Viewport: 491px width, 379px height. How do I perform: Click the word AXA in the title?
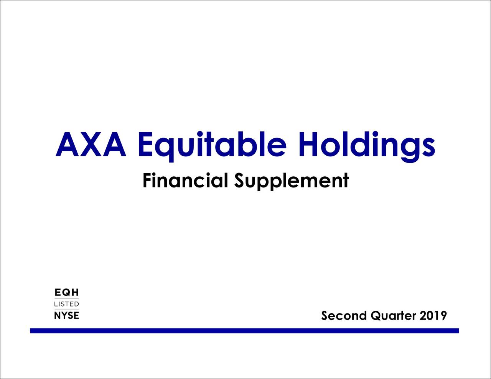pyautogui.click(x=91, y=145)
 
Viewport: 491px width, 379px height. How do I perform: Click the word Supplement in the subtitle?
pyautogui.click(x=292, y=181)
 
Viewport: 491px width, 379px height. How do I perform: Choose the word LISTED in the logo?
pyautogui.click(x=67, y=304)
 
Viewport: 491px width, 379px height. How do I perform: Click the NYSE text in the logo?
pyautogui.click(x=67, y=315)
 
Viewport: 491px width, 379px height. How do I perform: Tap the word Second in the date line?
pyautogui.click(x=344, y=316)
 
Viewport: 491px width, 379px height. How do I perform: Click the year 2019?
pyautogui.click(x=433, y=316)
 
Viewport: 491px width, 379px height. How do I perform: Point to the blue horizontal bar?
pyautogui.click(x=244, y=331)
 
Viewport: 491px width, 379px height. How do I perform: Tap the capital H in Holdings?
pyautogui.click(x=310, y=145)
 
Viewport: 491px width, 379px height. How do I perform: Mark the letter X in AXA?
pyautogui.click(x=91, y=145)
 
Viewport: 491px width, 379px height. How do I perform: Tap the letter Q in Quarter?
pyautogui.click(x=377, y=316)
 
